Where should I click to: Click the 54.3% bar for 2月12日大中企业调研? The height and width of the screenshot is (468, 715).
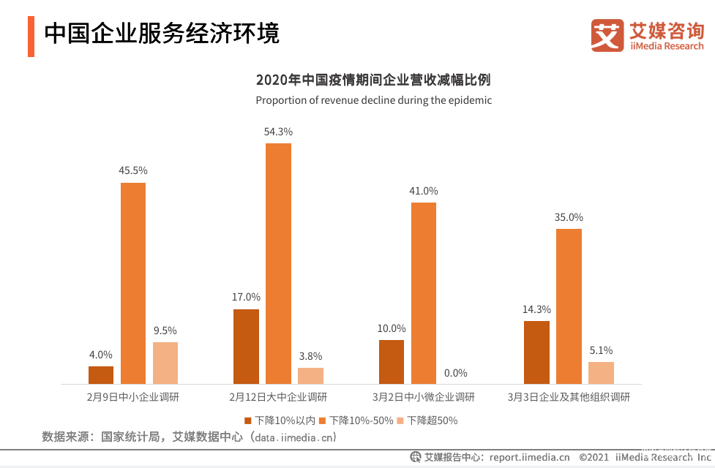278,263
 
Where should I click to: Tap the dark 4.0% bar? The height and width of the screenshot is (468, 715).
101,375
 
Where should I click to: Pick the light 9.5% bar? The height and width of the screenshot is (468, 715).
165,363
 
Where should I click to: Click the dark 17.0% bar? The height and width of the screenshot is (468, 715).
246,347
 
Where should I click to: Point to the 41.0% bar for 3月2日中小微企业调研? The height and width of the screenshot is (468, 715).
424,292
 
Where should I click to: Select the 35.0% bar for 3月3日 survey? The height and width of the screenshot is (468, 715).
569,306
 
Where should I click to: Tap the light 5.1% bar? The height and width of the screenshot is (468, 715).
601,373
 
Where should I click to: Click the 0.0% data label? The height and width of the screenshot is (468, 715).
455,373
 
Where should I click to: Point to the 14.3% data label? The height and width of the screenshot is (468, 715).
536,309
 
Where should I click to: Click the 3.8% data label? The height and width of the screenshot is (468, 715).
310,356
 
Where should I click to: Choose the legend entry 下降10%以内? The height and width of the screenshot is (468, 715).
280,420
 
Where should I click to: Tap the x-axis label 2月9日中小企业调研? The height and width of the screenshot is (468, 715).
132,398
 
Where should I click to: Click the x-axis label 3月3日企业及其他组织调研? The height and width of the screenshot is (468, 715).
569,398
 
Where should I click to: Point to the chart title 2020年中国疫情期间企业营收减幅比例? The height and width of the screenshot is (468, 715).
373,80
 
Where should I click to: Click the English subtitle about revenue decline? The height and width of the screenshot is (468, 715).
373,100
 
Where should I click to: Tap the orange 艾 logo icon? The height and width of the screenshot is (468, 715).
607,35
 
